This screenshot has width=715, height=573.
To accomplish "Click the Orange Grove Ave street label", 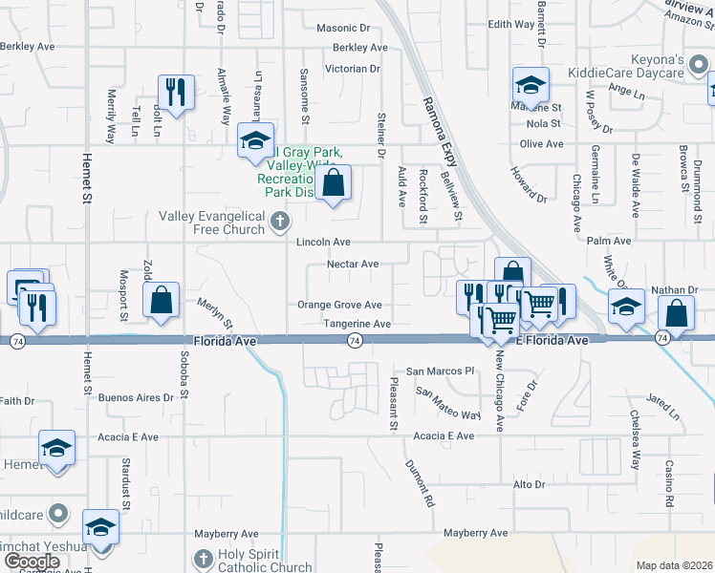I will click(x=339, y=306).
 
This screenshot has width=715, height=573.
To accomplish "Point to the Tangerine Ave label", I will click(x=357, y=325).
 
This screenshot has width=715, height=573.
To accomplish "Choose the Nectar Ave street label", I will click(x=353, y=265).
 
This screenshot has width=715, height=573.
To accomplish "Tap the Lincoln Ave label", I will click(x=323, y=243).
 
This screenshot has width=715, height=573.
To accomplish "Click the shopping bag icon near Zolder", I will click(x=162, y=300).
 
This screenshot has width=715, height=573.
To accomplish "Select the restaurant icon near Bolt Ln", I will click(x=176, y=92).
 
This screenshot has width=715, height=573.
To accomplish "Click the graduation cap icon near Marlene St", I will click(x=531, y=85).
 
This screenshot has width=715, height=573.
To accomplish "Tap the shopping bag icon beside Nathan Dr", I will click(x=676, y=314).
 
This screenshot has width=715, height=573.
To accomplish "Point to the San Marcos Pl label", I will click(x=441, y=371).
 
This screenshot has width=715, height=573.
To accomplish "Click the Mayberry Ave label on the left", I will click(x=227, y=534).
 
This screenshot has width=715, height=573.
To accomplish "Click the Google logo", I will click(x=32, y=562).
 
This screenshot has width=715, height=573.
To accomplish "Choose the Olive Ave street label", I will click(x=541, y=144).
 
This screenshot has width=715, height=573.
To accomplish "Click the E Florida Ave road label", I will click(x=552, y=341).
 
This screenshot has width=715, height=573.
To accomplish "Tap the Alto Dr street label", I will click(x=529, y=485).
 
